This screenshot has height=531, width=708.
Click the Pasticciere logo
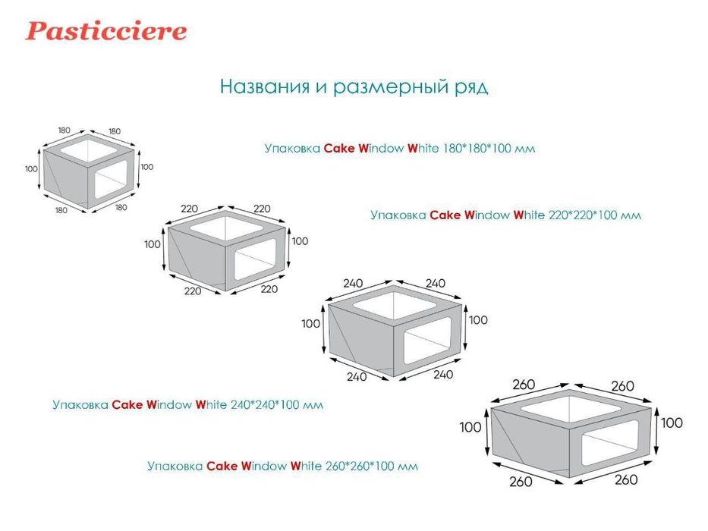pos(105,31)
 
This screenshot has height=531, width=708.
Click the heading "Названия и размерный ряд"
pos(354,86)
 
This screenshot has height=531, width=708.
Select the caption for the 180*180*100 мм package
pos(399,149)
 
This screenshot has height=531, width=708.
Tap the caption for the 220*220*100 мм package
pos(505,215)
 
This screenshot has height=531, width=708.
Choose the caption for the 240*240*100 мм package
pos(187,405)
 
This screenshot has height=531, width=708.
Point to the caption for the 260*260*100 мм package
pos(282,467)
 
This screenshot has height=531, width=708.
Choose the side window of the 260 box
pos(612,448)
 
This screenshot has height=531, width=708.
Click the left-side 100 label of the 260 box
pos(470,427)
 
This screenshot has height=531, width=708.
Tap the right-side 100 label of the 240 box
pos(478,320)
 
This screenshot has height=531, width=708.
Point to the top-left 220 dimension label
pos(189,209)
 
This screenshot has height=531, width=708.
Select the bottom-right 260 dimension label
pos(626,479)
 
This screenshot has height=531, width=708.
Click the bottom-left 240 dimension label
pos(357,376)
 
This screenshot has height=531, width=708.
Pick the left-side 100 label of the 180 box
pos(31,168)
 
